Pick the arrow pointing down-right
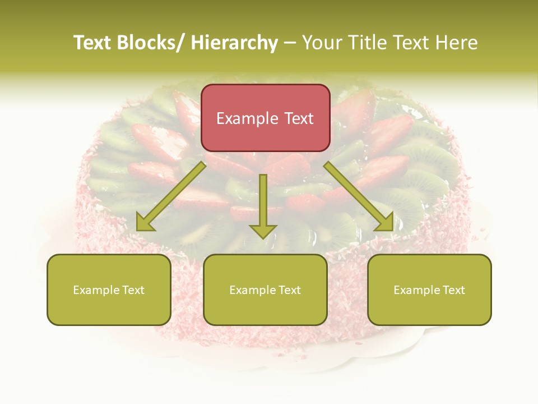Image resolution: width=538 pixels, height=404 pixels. coord(359,196)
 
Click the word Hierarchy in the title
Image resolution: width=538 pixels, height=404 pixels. coord(234,43)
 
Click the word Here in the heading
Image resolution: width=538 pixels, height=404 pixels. coord(456,43)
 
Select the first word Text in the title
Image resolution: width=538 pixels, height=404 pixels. coord(93,43)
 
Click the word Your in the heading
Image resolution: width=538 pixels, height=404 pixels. coord(322,43)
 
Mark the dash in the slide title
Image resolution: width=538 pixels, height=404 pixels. coord(290,43)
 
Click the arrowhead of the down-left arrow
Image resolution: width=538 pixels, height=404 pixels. coord(145,224)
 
